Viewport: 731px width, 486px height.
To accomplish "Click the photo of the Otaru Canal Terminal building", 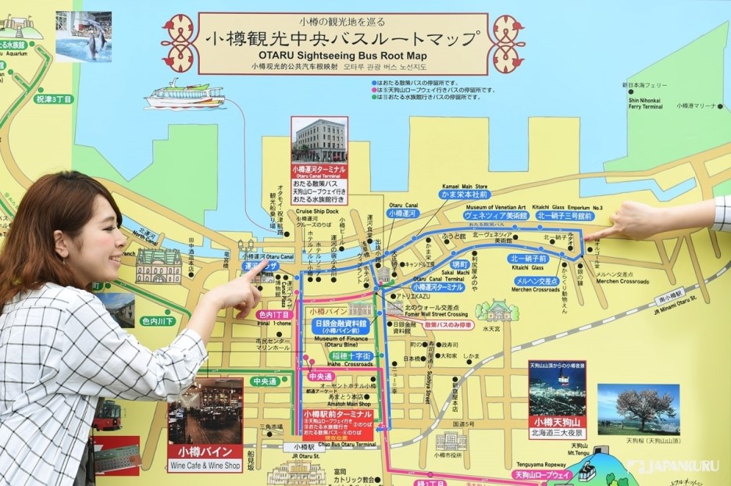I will pyautogui.click(x=319, y=141).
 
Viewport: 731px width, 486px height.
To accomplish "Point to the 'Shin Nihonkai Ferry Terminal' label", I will pyautogui.click(x=642, y=103).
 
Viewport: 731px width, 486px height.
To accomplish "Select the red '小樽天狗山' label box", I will pyautogui.click(x=557, y=423).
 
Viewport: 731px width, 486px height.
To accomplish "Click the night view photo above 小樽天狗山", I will pyautogui.click(x=557, y=388).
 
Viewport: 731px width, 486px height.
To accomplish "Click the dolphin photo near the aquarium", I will pyautogui.click(x=83, y=37).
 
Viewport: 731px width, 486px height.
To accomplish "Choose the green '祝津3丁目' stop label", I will pyautogui.click(x=53, y=99).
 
